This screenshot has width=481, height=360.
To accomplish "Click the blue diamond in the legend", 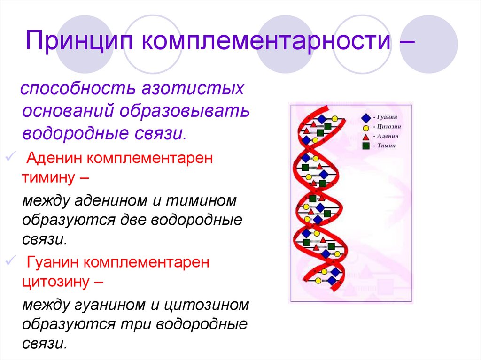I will pos(365,117).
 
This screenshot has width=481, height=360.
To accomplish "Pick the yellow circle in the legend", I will pos(365,127).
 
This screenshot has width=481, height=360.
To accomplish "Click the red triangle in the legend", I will pos(365,136).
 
